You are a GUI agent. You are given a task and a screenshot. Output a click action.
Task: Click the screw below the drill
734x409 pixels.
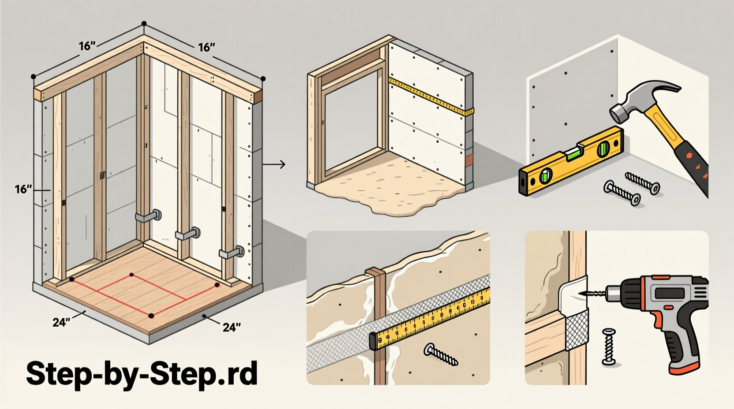point(609,346)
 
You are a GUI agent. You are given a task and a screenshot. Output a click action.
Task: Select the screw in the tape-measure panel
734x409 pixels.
point(441,355)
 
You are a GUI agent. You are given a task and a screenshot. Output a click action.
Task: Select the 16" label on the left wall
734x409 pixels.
point(23,190)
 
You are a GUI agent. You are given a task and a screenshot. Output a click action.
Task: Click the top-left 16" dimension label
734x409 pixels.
point(87,46)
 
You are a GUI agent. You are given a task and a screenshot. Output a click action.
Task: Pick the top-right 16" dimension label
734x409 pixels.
point(206,47)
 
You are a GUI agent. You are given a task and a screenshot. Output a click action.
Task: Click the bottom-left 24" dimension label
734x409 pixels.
point(61,323)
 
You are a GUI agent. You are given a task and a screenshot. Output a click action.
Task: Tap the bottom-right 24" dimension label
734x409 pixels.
point(231,327)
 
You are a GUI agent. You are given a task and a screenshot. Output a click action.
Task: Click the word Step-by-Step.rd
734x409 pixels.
point(142,374)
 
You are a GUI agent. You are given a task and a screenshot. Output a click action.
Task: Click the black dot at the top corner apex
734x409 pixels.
point(144,23)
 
